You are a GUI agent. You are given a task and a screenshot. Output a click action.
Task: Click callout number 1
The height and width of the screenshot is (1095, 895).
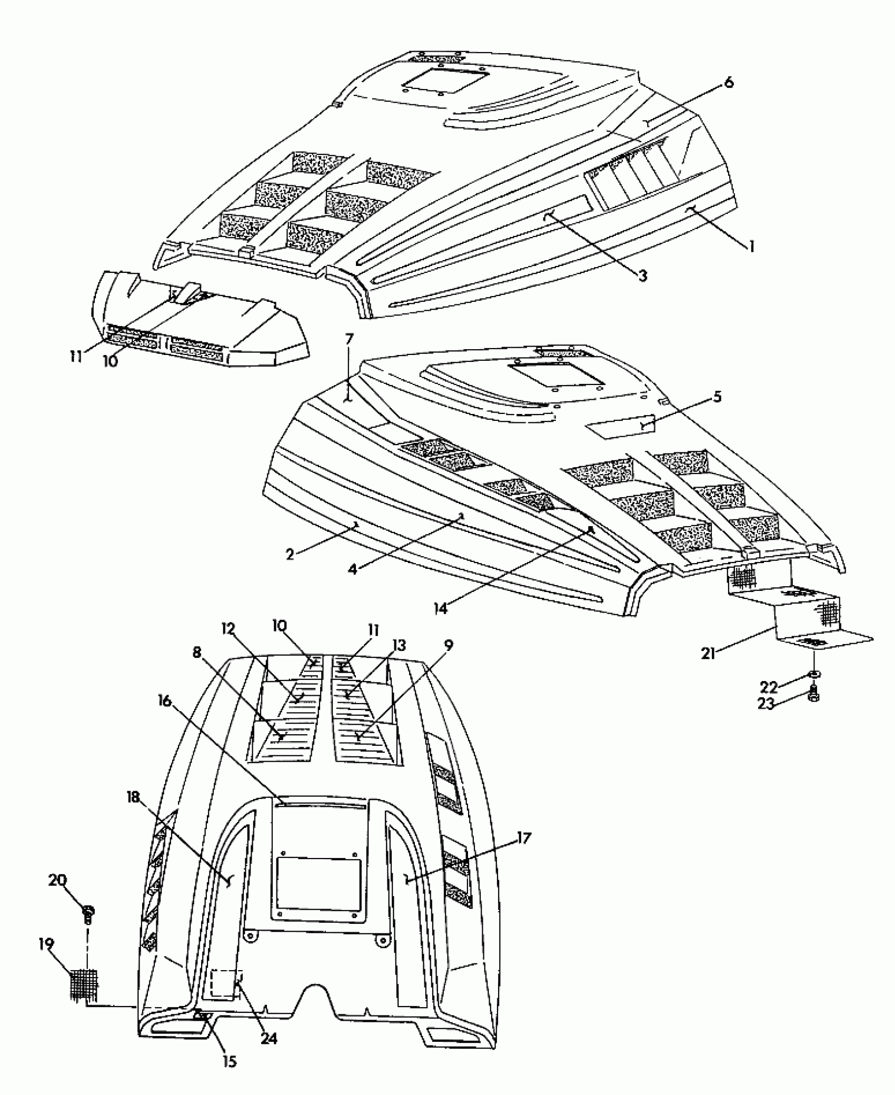[751, 246]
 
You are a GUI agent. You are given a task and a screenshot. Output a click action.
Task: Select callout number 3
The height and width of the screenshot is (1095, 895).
[642, 276]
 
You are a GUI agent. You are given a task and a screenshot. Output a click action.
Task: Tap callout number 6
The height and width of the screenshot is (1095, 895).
[729, 83]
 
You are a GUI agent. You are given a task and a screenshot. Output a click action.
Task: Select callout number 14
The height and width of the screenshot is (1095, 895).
[440, 608]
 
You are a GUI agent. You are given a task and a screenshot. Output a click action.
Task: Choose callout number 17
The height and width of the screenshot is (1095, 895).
[524, 838]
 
